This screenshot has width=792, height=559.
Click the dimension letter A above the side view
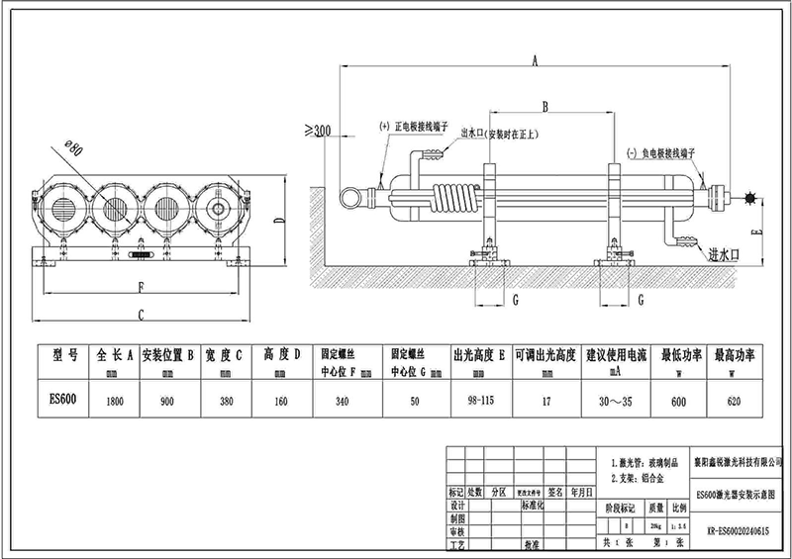(x=534, y=61)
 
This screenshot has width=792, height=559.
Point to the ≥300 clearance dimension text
(x=316, y=130)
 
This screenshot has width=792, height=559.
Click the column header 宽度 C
(x=224, y=354)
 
